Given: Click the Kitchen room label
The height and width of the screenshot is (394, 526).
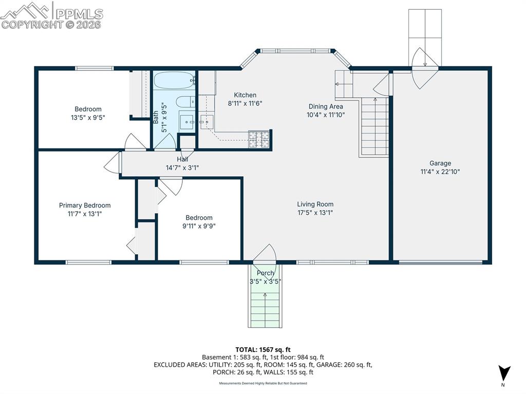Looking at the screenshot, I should click(245, 95).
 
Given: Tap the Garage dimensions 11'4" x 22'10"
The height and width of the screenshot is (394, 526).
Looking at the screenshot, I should click(440, 172).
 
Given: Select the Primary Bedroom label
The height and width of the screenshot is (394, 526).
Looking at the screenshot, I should click(85, 205).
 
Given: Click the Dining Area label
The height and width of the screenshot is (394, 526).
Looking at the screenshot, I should click(325, 106).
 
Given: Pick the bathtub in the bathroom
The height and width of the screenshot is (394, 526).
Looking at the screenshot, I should click(174, 81).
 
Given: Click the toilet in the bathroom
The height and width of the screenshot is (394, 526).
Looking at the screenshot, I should click(185, 102).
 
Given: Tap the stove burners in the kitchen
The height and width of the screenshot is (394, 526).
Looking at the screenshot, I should click(259, 139).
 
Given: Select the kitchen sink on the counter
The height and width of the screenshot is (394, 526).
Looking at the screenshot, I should click(207, 122).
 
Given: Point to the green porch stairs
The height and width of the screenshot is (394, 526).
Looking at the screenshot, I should click(265, 306).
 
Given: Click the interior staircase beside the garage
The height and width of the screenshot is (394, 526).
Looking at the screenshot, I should click(374, 126).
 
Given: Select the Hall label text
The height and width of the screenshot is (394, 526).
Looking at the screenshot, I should click(182, 159).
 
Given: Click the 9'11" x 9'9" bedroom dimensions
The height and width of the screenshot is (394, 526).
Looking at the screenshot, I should click(199, 226).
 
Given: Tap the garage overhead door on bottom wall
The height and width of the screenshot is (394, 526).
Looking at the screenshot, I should click(441, 262).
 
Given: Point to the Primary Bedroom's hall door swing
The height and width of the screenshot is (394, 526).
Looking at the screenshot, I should click(111, 163).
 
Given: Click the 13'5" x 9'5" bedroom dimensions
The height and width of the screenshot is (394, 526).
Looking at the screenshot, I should click(88, 118).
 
